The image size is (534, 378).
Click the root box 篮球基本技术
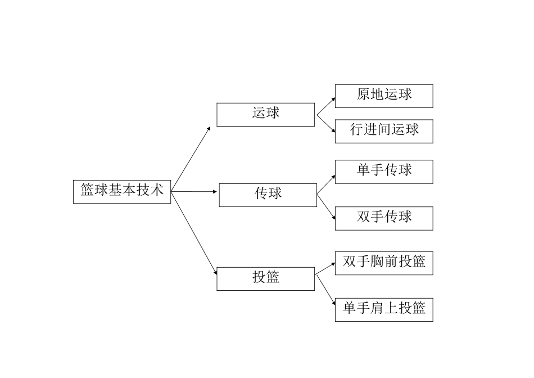tap(122, 191)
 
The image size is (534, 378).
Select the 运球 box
tap(265, 114)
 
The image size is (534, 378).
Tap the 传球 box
tap(268, 195)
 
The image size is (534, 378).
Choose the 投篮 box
tap(265, 278)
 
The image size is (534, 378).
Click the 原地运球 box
tap(384, 96)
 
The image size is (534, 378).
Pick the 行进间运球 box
tap(384, 131)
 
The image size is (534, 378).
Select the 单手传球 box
tap(384, 172)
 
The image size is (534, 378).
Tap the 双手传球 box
tap(384, 218)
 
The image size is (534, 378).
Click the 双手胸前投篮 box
tap(384, 263)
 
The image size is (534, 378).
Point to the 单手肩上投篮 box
tap(384, 309)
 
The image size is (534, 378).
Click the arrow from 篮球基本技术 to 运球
tap(191, 159)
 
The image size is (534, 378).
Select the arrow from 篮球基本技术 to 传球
tap(194, 192)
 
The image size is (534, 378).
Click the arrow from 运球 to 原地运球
tap(326, 106)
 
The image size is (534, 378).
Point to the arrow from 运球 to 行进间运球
tap(326, 123)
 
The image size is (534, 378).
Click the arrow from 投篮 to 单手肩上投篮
tap(325, 290)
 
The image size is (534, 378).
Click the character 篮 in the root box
tap(87, 191)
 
